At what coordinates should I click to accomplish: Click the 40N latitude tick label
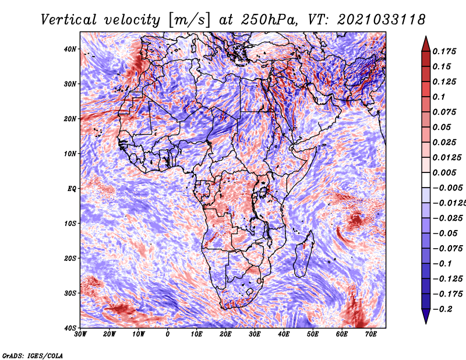(x=69, y=49)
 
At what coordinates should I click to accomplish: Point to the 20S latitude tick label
(x=69, y=258)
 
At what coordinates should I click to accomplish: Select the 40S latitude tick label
(x=69, y=327)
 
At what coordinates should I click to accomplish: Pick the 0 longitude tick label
(x=168, y=334)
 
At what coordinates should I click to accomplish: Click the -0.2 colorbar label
(x=440, y=309)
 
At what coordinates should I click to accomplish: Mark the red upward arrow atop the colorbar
(x=425, y=43)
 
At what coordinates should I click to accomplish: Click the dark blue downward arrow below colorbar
(x=425, y=316)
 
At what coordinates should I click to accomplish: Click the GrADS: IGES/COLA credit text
(x=33, y=355)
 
